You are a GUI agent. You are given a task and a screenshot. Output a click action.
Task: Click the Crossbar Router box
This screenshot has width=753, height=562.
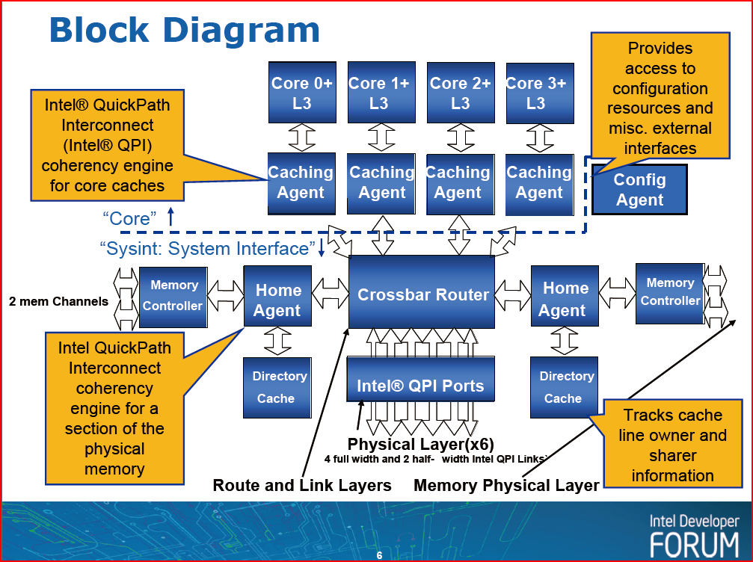(422, 294)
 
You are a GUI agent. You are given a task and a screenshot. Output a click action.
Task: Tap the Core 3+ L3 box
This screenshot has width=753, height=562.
(535, 93)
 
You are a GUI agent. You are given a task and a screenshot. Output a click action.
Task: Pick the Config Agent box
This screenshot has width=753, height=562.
(639, 190)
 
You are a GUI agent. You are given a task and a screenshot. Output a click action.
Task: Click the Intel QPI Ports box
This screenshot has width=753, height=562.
(420, 386)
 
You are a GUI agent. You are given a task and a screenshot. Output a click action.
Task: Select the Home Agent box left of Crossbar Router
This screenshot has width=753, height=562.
(277, 300)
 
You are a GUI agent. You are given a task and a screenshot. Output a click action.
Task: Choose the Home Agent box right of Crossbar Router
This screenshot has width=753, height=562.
(565, 299)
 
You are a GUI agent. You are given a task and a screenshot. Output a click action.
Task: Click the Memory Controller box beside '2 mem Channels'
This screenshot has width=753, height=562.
(173, 296)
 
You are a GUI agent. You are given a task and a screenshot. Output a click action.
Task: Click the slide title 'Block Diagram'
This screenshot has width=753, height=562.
(184, 30)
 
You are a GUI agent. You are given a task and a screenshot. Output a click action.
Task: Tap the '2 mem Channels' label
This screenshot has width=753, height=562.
(58, 302)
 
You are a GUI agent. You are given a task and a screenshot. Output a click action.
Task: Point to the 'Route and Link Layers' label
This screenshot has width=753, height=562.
(302, 485)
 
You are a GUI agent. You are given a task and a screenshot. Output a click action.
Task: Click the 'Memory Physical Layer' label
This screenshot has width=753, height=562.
(506, 485)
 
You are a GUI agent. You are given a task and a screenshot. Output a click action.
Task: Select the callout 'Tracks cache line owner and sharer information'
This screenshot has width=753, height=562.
(672, 445)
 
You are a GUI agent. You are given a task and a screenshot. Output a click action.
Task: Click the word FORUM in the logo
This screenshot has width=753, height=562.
(694, 543)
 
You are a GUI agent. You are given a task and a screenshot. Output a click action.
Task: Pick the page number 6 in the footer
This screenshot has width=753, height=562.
(379, 555)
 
